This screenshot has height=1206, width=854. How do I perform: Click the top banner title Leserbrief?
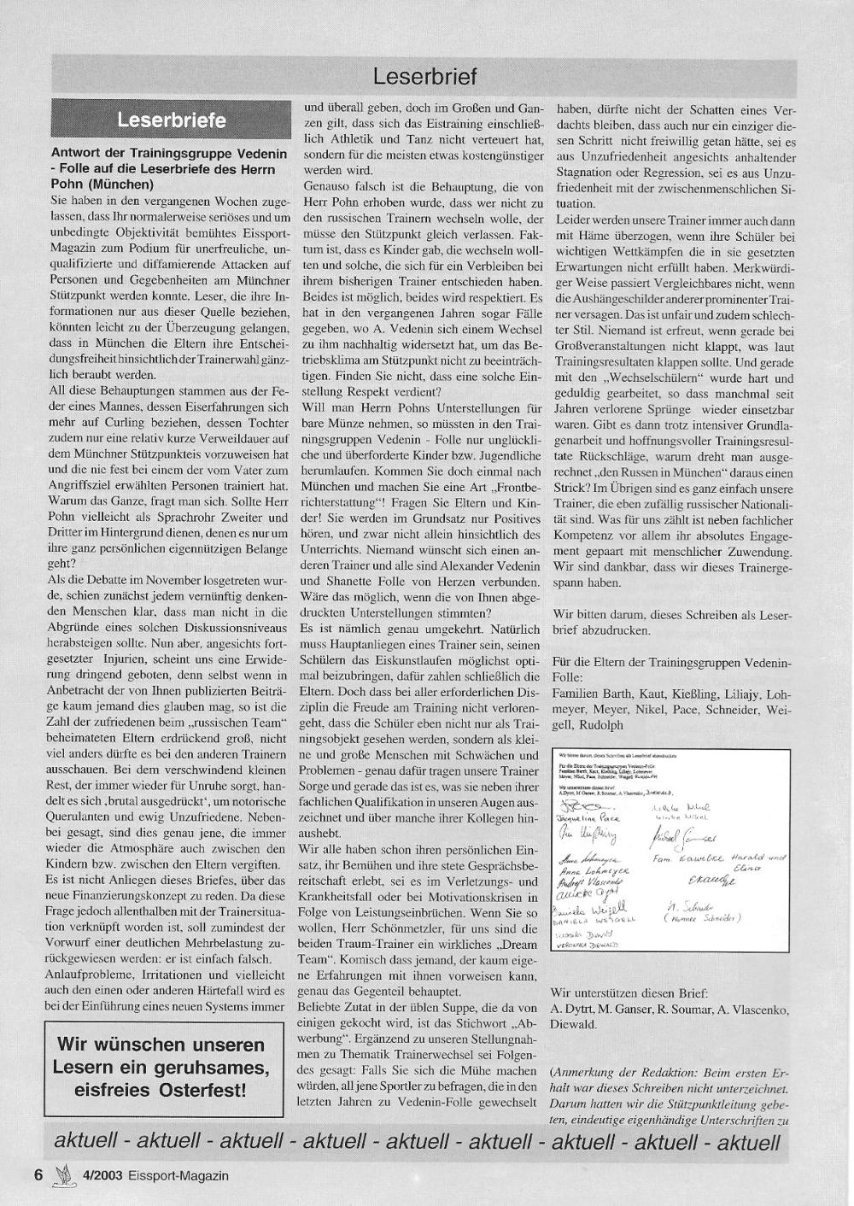click(424, 77)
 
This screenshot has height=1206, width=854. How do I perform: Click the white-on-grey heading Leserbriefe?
click(172, 120)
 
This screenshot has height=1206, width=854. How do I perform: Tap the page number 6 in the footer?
click(38, 1174)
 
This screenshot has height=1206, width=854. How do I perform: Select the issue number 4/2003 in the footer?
click(101, 1175)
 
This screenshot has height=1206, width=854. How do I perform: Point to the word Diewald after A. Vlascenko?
click(576, 1025)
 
